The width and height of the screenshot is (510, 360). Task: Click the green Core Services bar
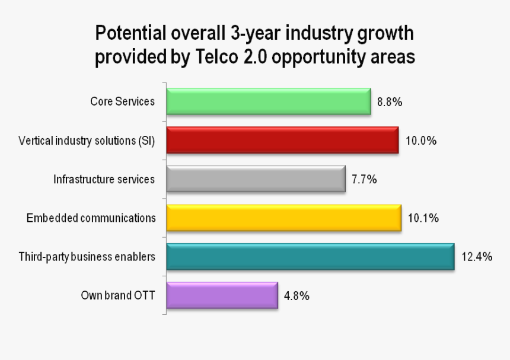268,101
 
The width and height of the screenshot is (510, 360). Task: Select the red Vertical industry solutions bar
282,141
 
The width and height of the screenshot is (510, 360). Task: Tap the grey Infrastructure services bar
256,179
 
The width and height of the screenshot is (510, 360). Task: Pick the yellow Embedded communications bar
283,218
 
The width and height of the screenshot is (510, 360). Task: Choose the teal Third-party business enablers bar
310,257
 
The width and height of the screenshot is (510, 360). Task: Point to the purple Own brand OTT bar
222,295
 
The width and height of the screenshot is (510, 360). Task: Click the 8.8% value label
390,102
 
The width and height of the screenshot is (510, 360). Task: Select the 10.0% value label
421,141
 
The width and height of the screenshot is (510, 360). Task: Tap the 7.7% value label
364,179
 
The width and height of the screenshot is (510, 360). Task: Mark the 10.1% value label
423,218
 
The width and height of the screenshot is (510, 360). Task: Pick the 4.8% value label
297,295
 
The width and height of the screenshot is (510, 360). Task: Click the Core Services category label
122,101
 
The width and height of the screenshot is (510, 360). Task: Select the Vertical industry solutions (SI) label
87,141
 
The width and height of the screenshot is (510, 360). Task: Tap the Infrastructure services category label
104,179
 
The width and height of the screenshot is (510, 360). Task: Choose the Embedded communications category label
91,218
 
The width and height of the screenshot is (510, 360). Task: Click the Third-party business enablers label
87,257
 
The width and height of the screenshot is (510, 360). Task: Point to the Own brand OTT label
118,295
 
